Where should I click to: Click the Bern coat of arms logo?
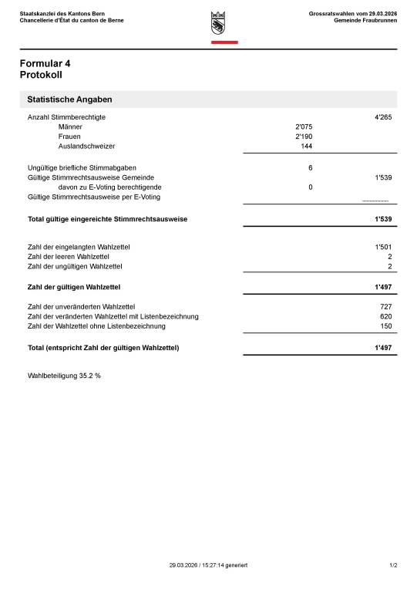[x=218, y=23]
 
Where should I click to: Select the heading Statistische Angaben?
[x=69, y=100]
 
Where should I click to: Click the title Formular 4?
[x=50, y=63]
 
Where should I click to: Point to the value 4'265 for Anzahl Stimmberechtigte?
[x=383, y=117]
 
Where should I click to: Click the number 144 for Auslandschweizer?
[x=306, y=146]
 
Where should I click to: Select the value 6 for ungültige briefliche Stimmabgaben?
[x=310, y=167]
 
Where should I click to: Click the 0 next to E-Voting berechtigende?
[x=310, y=187]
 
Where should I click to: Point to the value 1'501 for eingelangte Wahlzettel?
[x=383, y=247]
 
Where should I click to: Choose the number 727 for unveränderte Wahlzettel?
[x=385, y=307]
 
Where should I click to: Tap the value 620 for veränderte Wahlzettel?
[x=385, y=316]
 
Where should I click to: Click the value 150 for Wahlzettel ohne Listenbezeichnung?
[x=385, y=326]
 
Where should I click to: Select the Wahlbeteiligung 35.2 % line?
[x=64, y=376]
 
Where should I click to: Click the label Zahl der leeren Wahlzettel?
[x=68, y=257]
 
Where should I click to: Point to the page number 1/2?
[x=393, y=565]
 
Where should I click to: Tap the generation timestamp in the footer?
[x=208, y=565]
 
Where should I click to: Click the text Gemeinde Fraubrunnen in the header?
[x=365, y=20]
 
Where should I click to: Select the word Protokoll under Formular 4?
[x=41, y=76]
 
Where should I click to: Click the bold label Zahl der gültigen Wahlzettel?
[x=73, y=287]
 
